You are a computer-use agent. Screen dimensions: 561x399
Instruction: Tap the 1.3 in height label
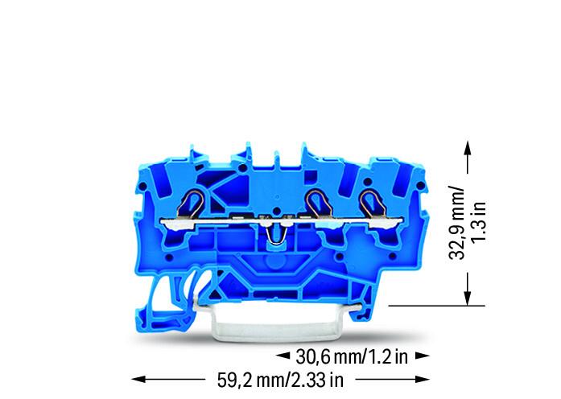click(x=479, y=222)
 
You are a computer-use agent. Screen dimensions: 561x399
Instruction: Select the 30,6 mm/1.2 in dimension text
click(x=352, y=356)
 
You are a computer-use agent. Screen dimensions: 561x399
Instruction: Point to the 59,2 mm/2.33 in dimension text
click(x=280, y=380)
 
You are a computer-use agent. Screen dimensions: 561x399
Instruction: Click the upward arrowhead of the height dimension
click(x=468, y=147)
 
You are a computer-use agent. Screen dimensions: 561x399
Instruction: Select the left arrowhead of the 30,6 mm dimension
click(x=283, y=356)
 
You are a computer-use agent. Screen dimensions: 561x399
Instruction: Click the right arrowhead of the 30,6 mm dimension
click(x=423, y=356)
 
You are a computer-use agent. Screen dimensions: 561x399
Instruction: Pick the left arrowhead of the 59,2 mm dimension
click(x=138, y=379)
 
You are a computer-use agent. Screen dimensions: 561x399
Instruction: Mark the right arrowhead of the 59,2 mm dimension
click(x=423, y=379)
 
